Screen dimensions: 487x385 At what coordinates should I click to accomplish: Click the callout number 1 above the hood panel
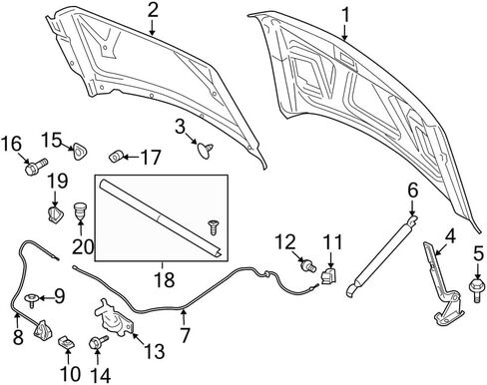(x=345, y=15)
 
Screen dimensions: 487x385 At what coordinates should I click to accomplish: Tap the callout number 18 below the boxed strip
(x=165, y=279)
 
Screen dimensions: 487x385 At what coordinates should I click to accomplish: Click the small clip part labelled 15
(x=79, y=152)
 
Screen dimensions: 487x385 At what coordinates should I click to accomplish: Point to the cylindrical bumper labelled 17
(x=117, y=157)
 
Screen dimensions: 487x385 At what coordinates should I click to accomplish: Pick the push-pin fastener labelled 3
(x=205, y=151)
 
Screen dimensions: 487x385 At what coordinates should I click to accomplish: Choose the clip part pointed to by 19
(x=55, y=214)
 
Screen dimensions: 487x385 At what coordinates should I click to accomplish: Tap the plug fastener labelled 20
(x=79, y=210)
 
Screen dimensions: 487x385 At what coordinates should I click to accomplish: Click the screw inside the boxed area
(x=213, y=227)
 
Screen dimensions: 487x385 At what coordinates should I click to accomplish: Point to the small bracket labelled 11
(x=328, y=275)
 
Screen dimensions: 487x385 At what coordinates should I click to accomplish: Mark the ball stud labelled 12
(x=308, y=266)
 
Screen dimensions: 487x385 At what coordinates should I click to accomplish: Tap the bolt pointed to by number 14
(x=99, y=342)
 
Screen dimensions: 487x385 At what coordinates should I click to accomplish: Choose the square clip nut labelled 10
(x=66, y=342)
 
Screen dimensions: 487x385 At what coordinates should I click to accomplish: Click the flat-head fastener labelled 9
(x=32, y=299)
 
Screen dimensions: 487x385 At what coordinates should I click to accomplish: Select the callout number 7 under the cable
(x=185, y=335)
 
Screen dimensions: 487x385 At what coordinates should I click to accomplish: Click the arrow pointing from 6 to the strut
(x=412, y=208)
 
